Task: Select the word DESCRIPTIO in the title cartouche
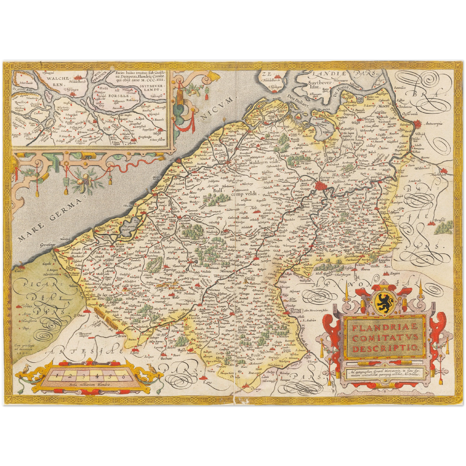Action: point(385,348)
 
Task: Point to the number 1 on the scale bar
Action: point(57,375)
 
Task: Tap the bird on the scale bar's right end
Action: point(150,367)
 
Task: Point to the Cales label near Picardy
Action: point(19,271)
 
